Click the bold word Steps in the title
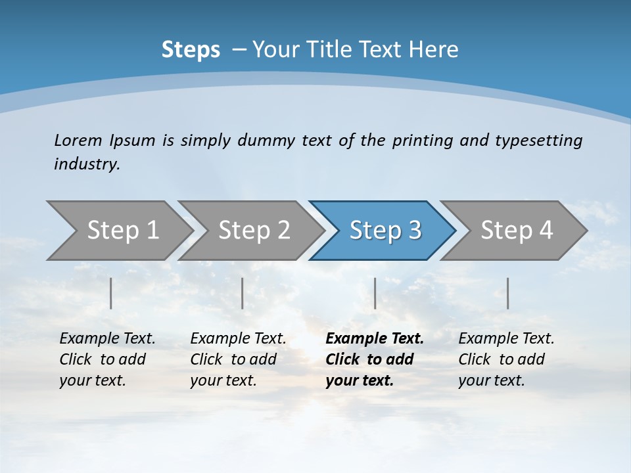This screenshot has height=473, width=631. point(191,50)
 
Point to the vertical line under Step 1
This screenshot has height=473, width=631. point(111,293)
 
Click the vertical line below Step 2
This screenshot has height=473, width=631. point(243,293)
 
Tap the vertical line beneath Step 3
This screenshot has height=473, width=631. point(375,293)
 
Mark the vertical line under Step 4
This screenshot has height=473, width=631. point(507,293)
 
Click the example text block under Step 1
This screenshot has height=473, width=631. point(107,359)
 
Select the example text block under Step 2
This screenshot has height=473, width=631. point(238,359)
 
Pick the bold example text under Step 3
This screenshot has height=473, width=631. point(375,359)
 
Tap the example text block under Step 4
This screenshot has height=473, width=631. point(506,359)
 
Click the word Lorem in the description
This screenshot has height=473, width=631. point(78,140)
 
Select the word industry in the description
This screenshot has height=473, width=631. point(87,164)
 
